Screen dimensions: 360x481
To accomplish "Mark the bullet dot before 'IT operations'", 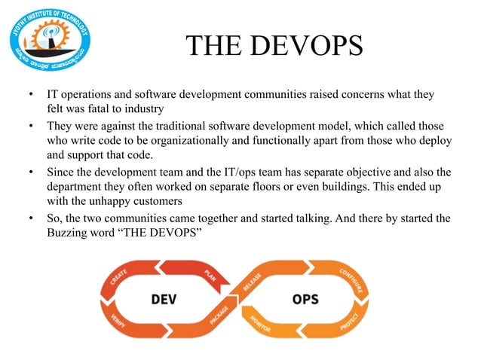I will coord(30,96).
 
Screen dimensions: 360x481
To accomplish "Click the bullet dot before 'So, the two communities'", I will coord(30,218).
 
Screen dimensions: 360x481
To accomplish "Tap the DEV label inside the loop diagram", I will coord(165,299).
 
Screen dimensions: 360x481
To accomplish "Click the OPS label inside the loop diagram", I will coord(306,299).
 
